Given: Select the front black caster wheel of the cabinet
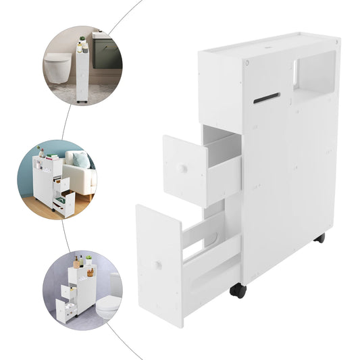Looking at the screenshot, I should pos(238,290).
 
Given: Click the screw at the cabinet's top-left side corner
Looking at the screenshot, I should pos(248,62).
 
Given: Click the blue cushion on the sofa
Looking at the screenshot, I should pos(80,160).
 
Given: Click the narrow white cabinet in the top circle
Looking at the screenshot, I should pos(82,71).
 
